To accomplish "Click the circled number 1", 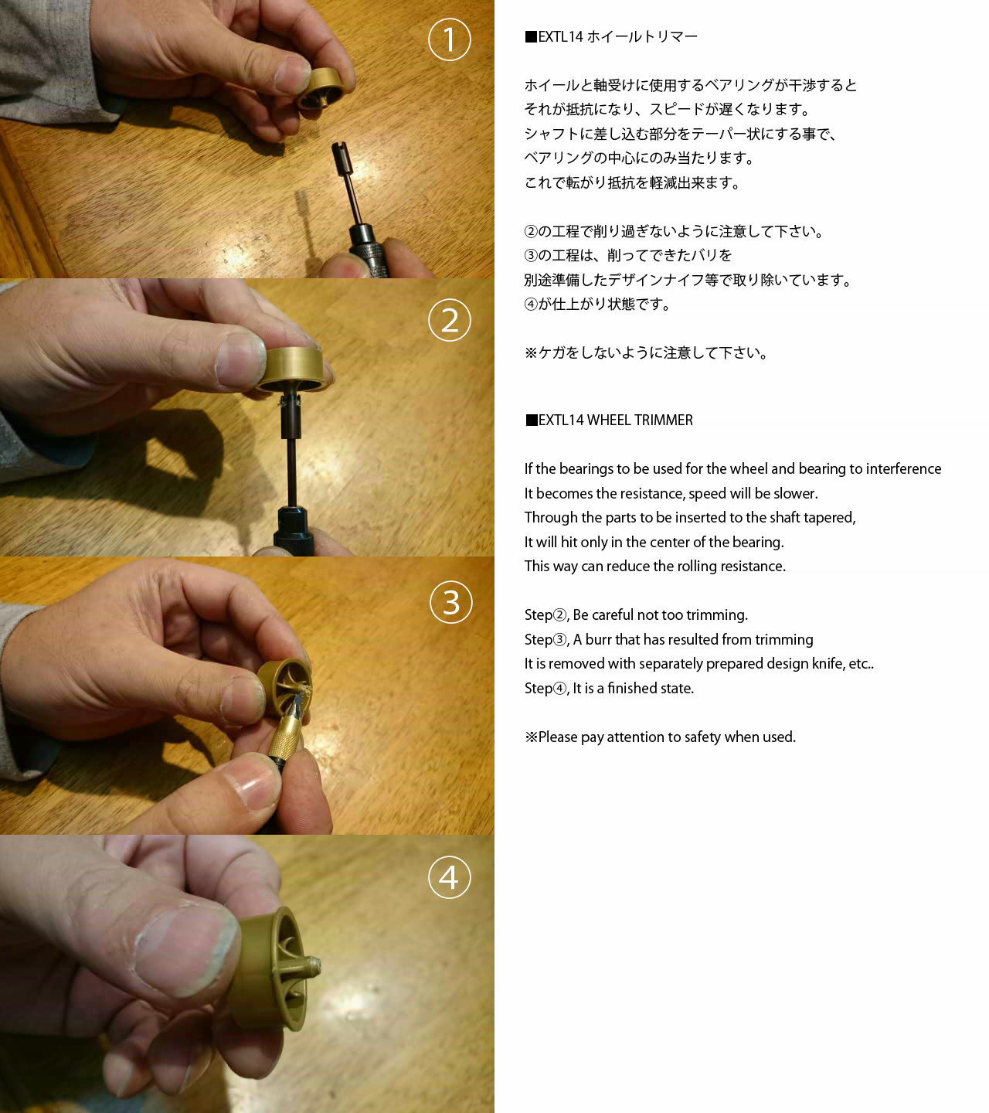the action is point(449,39).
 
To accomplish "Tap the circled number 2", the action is point(449,320).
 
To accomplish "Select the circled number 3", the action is point(450,602).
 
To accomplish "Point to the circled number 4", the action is point(449,877).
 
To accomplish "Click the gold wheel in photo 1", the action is point(321,88).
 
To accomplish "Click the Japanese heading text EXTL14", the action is point(560,37).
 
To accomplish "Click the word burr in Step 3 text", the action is point(598,639).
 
